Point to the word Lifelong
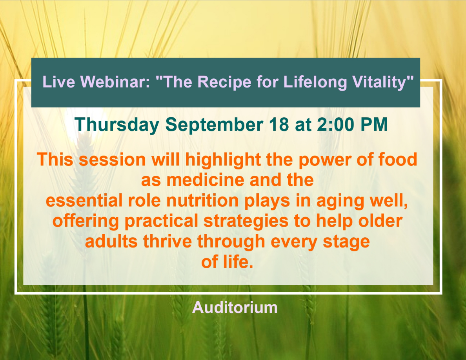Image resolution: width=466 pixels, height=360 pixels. (x=315, y=82)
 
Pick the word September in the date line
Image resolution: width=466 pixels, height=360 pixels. (x=214, y=125)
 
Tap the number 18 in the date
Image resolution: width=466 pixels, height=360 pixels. (x=279, y=124)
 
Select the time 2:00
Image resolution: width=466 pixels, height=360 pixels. (x=335, y=124)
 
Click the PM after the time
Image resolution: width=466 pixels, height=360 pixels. (x=374, y=124)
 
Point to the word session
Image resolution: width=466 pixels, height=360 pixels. (x=112, y=160)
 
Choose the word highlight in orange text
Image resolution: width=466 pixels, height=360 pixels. (x=223, y=160)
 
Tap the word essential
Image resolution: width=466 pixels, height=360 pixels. (x=84, y=200)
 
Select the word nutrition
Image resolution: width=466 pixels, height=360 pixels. (x=202, y=200)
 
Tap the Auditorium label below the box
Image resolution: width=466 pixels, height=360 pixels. (x=235, y=307)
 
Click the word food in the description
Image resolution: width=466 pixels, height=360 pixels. (x=398, y=160)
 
